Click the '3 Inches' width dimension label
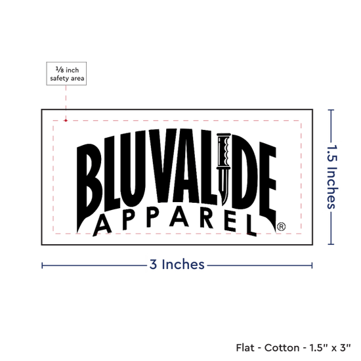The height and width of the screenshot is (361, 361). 177,265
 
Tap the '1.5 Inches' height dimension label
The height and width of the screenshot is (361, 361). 332,177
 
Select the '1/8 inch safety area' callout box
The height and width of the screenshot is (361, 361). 66,74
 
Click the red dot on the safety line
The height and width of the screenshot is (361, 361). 66,120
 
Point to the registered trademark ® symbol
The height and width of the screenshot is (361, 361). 281,226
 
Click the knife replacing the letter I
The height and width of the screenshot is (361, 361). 224,169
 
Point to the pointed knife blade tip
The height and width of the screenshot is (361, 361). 223,204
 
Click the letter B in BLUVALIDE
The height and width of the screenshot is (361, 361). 89,188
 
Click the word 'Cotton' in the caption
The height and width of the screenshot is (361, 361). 282,348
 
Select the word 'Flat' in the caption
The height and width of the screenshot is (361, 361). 245,348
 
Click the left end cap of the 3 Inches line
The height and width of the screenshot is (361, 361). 42,265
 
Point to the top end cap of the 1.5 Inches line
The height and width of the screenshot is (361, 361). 331,110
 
